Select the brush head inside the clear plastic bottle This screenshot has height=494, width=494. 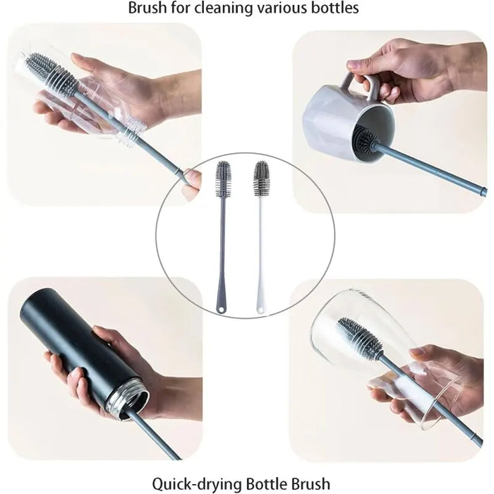(51, 74)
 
